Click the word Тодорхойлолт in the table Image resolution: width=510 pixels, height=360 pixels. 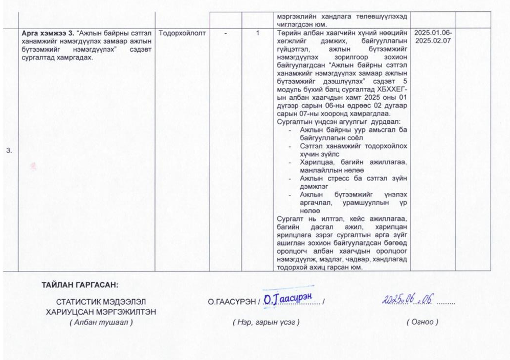[182, 33]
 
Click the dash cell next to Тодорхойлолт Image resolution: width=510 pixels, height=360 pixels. [226, 33]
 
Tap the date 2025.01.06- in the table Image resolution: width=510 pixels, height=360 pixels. [433, 33]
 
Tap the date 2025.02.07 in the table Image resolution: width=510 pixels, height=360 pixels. [433, 40]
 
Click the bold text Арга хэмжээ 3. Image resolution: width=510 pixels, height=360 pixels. [48, 33]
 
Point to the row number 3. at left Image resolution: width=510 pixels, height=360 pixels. [9, 150]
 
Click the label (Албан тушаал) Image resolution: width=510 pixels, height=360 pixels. [101, 322]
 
